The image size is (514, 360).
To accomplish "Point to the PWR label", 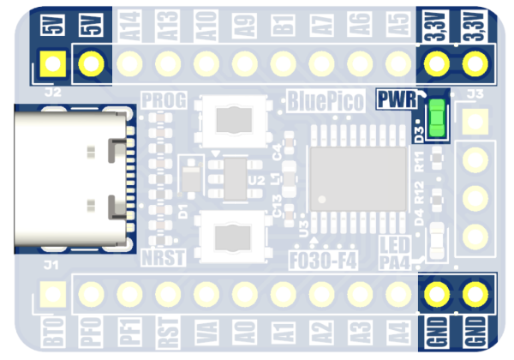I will click(x=395, y=99).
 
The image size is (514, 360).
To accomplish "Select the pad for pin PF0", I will click(x=92, y=295).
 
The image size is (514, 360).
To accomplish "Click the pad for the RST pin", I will click(x=169, y=295).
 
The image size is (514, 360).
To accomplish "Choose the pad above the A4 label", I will click(x=399, y=295).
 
